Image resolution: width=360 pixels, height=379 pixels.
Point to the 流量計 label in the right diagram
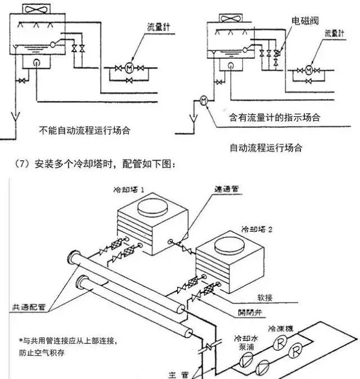pyautogui.click(x=335, y=34)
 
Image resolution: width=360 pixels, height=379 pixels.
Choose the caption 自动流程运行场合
pyautogui.click(x=265, y=148)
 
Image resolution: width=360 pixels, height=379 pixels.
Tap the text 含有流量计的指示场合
pyautogui.click(x=274, y=118)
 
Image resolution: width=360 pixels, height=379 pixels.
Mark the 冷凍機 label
pyautogui.click(x=280, y=328)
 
